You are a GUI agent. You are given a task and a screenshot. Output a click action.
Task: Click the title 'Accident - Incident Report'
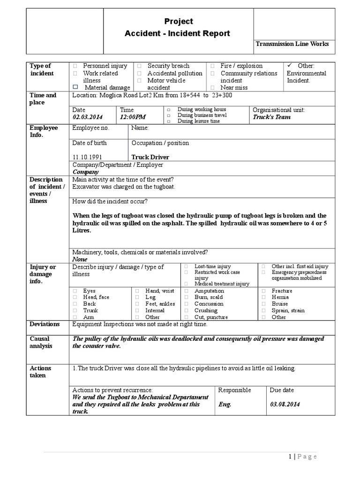pyautogui.click(x=177, y=33)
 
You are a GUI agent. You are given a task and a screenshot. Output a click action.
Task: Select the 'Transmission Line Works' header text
pyautogui.click(x=292, y=44)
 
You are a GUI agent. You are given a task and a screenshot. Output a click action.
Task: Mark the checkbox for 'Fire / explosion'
pyautogui.click(x=212, y=67)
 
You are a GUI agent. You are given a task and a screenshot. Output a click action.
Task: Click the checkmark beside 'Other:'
pyautogui.click(x=289, y=66)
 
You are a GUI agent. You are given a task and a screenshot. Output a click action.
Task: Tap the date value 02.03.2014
pyautogui.click(x=87, y=117)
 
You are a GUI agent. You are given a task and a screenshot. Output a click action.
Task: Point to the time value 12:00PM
pyautogui.click(x=133, y=117)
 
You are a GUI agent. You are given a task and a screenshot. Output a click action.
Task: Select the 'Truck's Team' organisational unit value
pyautogui.click(x=271, y=117)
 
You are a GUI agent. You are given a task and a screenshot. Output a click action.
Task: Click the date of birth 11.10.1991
pyautogui.click(x=87, y=157)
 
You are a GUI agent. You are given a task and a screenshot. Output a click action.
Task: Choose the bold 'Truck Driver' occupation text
pyautogui.click(x=150, y=157)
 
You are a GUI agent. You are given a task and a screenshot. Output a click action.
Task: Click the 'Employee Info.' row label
pyautogui.click(x=44, y=131)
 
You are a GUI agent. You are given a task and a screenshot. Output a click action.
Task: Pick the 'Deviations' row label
pyautogui.click(x=45, y=324)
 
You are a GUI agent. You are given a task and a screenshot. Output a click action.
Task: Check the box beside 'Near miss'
pyautogui.click(x=212, y=88)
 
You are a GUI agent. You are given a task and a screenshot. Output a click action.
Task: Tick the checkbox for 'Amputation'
pyautogui.click(x=186, y=291)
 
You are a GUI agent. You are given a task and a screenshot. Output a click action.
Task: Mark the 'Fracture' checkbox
pyautogui.click(x=263, y=291)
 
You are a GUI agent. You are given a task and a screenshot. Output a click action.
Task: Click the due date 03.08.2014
pyautogui.click(x=285, y=404)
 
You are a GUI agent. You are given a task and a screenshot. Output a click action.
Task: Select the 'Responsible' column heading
pyautogui.click(x=234, y=390)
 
